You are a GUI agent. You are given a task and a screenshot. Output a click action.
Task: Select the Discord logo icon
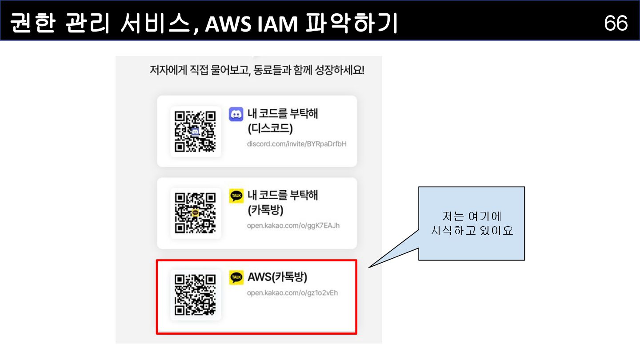click(236, 114)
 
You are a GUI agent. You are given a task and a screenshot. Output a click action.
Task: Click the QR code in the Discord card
click(196, 131)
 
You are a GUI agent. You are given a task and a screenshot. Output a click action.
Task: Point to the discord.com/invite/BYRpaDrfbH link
click(296, 144)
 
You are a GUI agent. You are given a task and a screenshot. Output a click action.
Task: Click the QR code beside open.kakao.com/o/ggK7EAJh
click(196, 213)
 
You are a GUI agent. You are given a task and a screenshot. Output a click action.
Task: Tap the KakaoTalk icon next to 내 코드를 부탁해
click(236, 196)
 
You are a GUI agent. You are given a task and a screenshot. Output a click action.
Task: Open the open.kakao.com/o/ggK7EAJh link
click(293, 225)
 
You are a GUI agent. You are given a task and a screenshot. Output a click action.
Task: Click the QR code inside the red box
click(196, 295)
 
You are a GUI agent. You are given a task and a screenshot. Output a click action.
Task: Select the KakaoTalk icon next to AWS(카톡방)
click(236, 277)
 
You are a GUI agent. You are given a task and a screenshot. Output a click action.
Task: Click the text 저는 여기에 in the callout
click(472, 216)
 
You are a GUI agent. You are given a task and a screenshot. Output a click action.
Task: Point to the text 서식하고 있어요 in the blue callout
click(472, 231)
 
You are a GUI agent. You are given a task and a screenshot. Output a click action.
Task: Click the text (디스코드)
click(270, 128)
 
